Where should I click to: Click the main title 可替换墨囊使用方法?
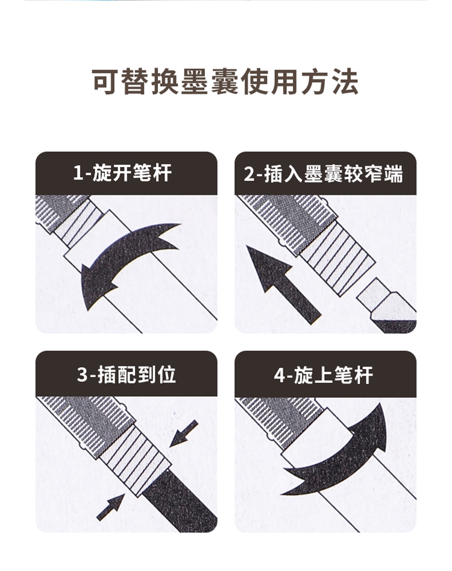(225, 81)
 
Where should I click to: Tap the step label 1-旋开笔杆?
(122, 173)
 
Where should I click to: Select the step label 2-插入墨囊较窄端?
(324, 173)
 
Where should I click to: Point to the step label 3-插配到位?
(127, 374)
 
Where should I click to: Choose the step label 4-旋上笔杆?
(324, 374)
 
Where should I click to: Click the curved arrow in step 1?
(120, 255)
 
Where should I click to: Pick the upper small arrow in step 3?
(184, 434)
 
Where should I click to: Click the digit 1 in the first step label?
(78, 173)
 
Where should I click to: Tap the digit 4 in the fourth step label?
(280, 375)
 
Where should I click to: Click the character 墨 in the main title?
(194, 81)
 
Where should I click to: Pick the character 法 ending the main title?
(345, 81)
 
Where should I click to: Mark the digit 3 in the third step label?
(83, 375)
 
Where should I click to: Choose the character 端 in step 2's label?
(394, 173)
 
